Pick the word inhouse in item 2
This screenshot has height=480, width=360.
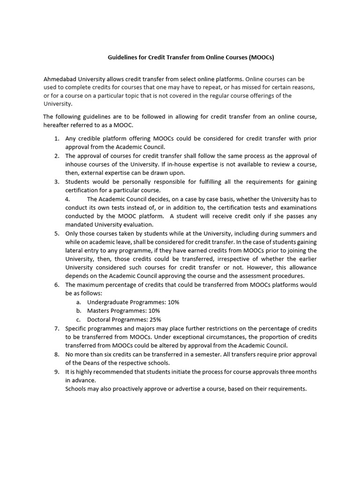point(76,164)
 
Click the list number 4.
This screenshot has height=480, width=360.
point(67,199)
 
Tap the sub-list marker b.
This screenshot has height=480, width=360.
point(79,310)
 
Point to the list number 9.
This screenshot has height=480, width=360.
point(56,371)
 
